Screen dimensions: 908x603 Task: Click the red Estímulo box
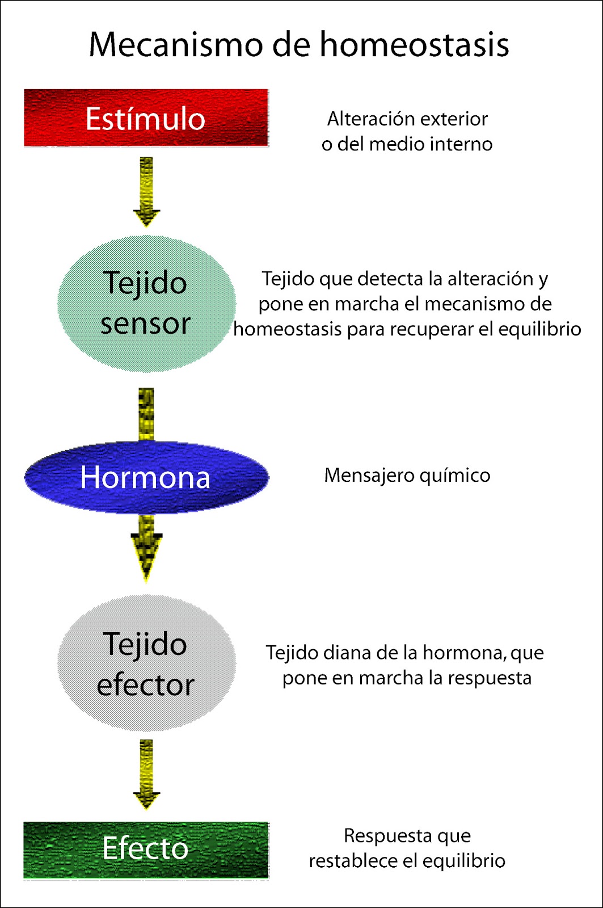[x=146, y=118]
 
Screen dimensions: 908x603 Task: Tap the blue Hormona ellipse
[x=146, y=477]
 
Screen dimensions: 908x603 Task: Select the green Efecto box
[x=146, y=850]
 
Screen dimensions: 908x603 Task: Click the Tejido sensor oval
[x=146, y=304]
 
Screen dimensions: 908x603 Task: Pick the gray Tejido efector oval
[x=146, y=663]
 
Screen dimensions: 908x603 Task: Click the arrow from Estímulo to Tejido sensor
[x=146, y=192]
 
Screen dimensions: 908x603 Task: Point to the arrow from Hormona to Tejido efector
[x=146, y=548]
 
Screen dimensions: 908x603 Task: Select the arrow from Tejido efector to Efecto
[x=146, y=774]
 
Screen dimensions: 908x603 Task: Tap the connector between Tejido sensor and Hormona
[x=146, y=414]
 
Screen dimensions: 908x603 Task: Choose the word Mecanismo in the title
[x=176, y=45]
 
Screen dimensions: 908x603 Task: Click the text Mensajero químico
[x=407, y=476]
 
